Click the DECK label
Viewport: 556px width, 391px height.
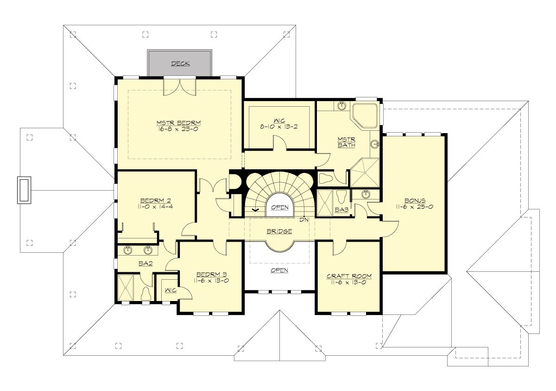180,64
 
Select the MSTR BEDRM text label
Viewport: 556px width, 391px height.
178,122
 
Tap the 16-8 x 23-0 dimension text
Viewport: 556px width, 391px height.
178,129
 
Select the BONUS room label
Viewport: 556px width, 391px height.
414,200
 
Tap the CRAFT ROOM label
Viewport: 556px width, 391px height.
349,276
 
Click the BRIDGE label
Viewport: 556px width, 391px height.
279,231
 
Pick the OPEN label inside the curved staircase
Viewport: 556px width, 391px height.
279,207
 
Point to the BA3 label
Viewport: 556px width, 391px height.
341,210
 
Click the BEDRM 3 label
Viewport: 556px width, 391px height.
211,274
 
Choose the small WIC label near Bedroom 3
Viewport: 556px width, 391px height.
170,290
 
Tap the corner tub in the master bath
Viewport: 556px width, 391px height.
364,115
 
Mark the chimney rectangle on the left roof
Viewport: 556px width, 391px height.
24,190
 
